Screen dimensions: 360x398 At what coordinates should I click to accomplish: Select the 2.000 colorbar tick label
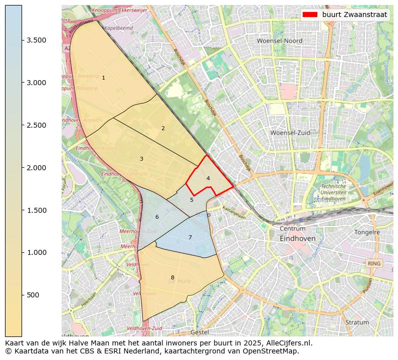(37, 168)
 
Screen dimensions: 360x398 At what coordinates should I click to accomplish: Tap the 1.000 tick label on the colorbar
(37, 252)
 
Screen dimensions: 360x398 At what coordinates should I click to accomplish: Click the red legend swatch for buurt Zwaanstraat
(310, 15)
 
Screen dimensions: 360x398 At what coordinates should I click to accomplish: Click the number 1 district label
(103, 78)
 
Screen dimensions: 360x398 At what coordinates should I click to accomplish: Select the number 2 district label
(163, 129)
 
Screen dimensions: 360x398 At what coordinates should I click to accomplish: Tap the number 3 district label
(141, 159)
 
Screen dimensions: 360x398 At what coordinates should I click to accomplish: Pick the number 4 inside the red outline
(208, 178)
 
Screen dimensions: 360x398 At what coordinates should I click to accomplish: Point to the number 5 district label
(191, 200)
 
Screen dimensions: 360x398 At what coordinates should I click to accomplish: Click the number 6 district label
(157, 217)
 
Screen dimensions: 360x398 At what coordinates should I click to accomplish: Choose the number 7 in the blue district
(190, 237)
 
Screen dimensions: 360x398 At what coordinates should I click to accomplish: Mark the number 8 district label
(172, 277)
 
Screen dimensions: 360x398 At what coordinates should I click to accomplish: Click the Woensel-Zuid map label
(290, 133)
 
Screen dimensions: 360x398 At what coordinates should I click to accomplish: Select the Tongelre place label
(367, 232)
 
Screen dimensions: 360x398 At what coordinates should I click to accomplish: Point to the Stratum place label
(357, 322)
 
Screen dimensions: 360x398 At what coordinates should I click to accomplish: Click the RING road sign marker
(374, 263)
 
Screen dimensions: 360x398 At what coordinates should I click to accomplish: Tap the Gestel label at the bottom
(200, 332)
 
